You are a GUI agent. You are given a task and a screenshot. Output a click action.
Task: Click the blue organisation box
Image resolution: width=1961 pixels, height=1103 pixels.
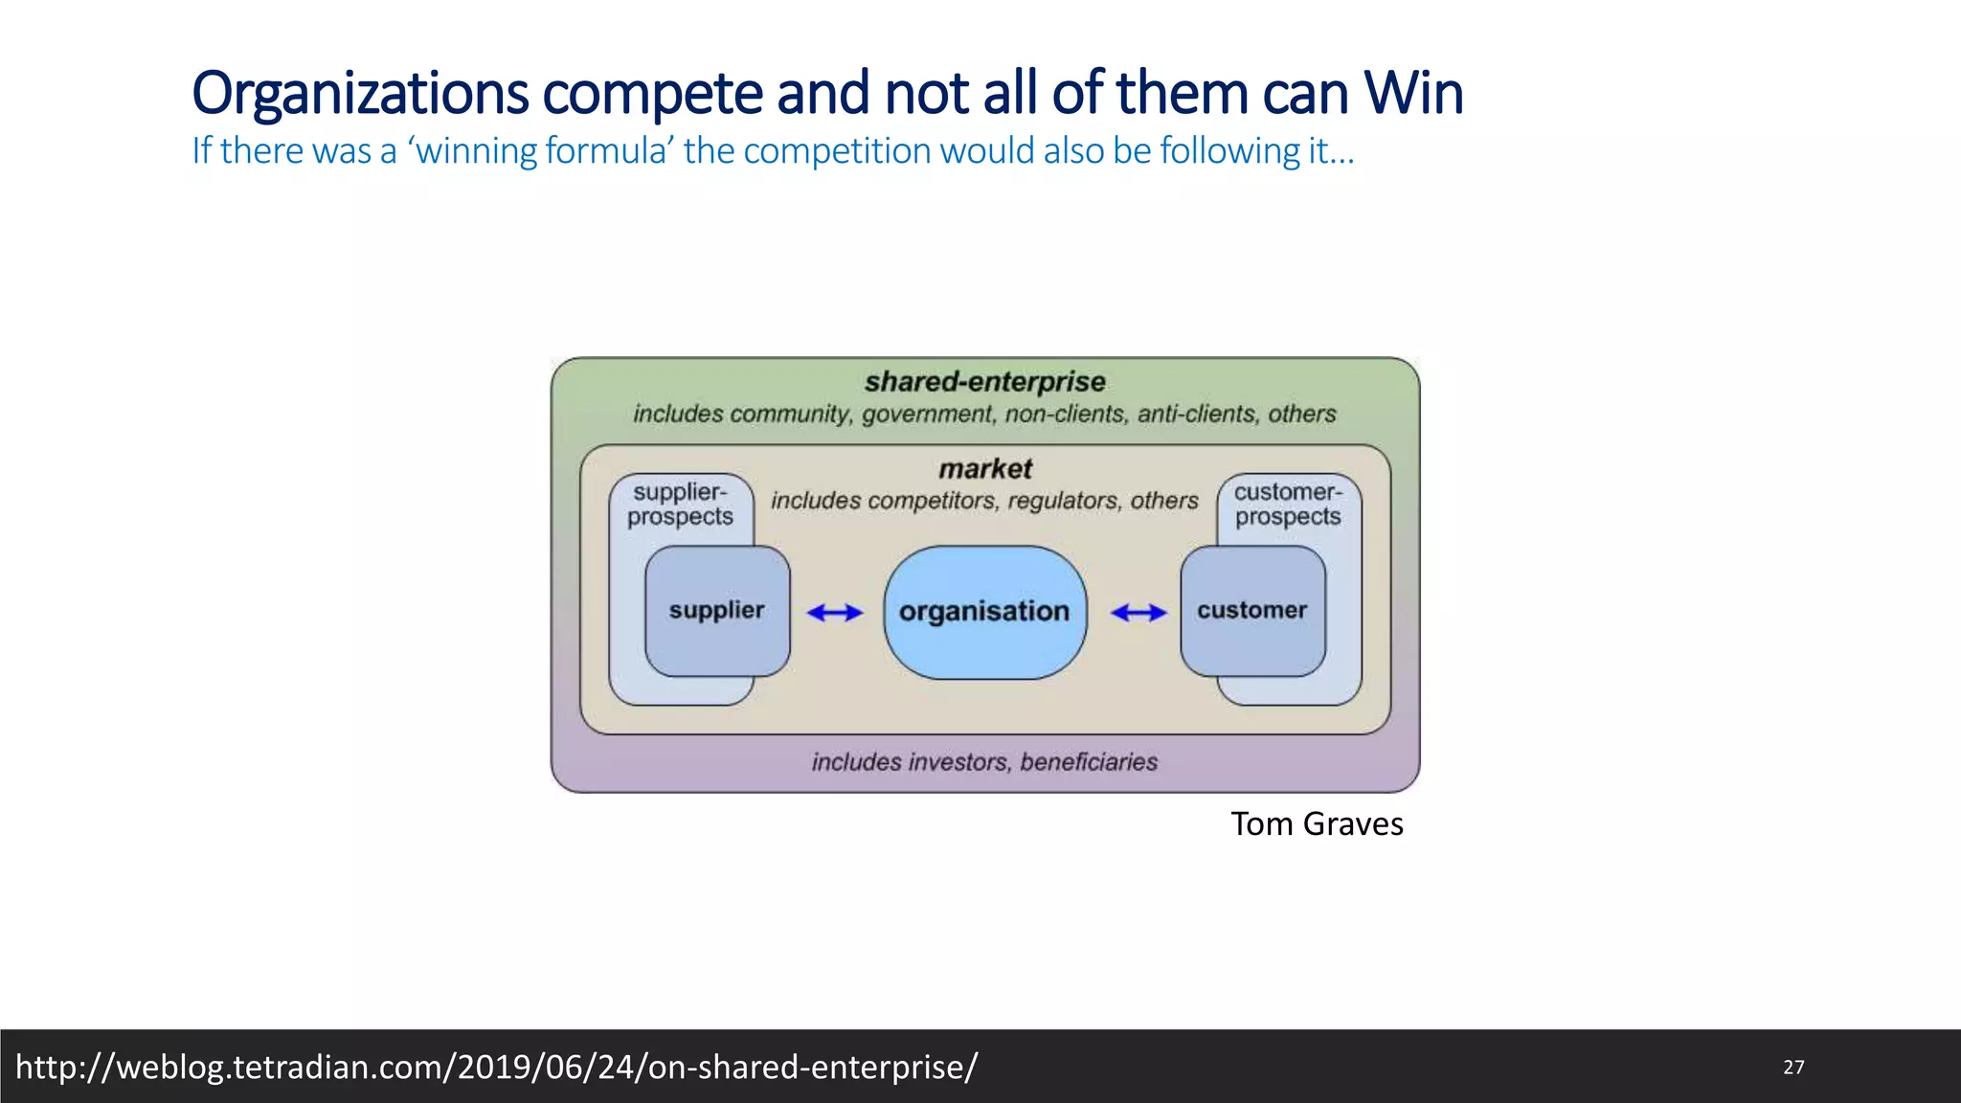click(984, 612)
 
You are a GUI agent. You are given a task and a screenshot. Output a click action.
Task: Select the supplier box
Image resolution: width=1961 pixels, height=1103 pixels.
click(716, 611)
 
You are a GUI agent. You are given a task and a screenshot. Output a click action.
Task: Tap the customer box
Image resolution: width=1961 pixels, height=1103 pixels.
click(1251, 611)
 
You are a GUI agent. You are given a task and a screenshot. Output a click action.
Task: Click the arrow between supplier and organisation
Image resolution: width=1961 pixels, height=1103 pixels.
click(835, 613)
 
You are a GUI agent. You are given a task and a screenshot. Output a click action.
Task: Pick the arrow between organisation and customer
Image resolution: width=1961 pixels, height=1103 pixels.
click(1138, 613)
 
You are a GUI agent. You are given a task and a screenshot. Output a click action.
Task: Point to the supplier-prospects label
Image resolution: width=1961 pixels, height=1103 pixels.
click(680, 505)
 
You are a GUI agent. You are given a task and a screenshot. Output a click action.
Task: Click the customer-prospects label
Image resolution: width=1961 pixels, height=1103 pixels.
click(1288, 505)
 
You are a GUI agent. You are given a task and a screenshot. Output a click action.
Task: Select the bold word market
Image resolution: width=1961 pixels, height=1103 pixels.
click(984, 469)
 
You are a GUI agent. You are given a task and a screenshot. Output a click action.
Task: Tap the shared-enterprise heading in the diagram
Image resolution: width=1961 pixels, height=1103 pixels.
click(984, 382)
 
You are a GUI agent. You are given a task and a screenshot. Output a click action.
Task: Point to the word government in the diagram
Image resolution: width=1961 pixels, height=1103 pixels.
click(927, 415)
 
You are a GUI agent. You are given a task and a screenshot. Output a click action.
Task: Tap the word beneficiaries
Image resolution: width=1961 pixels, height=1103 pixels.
click(1089, 762)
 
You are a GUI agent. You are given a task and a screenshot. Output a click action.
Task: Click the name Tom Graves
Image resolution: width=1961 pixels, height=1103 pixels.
click(1317, 824)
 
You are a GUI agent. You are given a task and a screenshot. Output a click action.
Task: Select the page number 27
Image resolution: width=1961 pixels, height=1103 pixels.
click(1793, 1067)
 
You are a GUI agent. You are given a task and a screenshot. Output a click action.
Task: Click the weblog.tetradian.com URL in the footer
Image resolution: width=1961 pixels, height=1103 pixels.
click(497, 1067)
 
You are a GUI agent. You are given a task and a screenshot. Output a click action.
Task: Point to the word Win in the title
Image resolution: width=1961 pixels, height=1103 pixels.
click(1413, 94)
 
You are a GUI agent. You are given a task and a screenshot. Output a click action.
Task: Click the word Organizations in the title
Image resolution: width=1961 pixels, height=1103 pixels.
click(360, 94)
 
